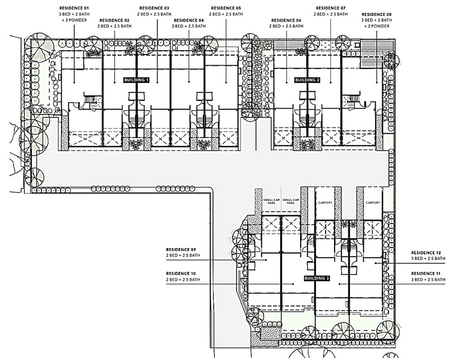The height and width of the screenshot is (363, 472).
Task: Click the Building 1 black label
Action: coord(136,80)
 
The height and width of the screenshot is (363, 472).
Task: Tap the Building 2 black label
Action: coord(307,80)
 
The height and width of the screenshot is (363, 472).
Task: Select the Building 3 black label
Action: coord(317,278)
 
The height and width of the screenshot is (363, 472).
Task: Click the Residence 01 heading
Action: coord(74,8)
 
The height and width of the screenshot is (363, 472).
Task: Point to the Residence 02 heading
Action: coord(114,21)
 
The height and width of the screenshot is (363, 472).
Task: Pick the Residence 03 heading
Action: coord(154,8)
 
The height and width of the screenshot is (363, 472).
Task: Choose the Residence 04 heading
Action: coord(189,21)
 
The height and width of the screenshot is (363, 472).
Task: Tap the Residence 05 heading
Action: coord(226,8)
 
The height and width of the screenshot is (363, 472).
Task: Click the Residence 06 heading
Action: coord(286,21)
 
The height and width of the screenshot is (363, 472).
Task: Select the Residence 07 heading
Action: coord(330,8)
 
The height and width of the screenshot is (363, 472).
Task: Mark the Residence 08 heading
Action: coord(376,15)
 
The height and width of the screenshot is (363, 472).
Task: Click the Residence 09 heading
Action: coord(181,250)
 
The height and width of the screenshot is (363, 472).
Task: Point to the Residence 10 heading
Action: coord(181,273)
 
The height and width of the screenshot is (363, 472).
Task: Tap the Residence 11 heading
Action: coord(426,273)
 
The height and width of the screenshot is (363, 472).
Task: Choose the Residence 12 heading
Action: coord(426,253)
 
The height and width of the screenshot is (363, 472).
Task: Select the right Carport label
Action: coord(373,203)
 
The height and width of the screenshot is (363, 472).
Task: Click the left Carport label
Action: coord(325,203)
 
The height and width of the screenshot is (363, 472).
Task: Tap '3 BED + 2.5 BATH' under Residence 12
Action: coord(428,258)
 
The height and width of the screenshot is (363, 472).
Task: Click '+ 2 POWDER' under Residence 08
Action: coord(376,26)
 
